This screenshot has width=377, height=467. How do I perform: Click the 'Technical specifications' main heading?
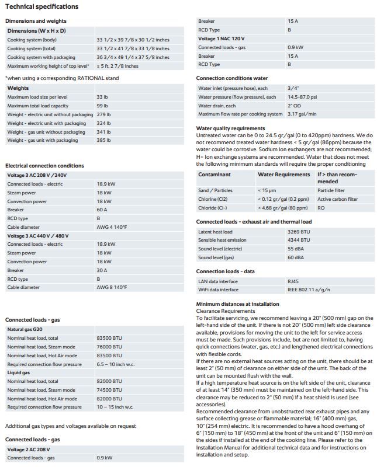tap(41, 6)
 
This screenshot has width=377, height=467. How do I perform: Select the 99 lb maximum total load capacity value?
tap(102, 106)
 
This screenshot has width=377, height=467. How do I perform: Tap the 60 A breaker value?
tap(102, 209)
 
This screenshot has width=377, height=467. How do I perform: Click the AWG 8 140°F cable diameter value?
tap(112, 288)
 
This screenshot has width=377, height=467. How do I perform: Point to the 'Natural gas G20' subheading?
tap(24, 329)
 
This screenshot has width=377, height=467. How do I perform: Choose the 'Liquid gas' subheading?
tap(19, 372)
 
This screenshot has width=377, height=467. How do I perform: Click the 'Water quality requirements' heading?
tap(230, 128)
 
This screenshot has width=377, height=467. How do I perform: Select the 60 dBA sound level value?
tap(295, 257)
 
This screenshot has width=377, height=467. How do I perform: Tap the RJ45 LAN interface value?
tap(293, 281)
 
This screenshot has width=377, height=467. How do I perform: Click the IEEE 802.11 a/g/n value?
tap(309, 290)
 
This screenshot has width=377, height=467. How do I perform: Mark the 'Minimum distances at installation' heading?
tap(237, 304)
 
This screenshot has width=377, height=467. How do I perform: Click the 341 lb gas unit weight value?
tap(103, 132)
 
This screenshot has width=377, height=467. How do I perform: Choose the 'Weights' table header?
tap(18, 88)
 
